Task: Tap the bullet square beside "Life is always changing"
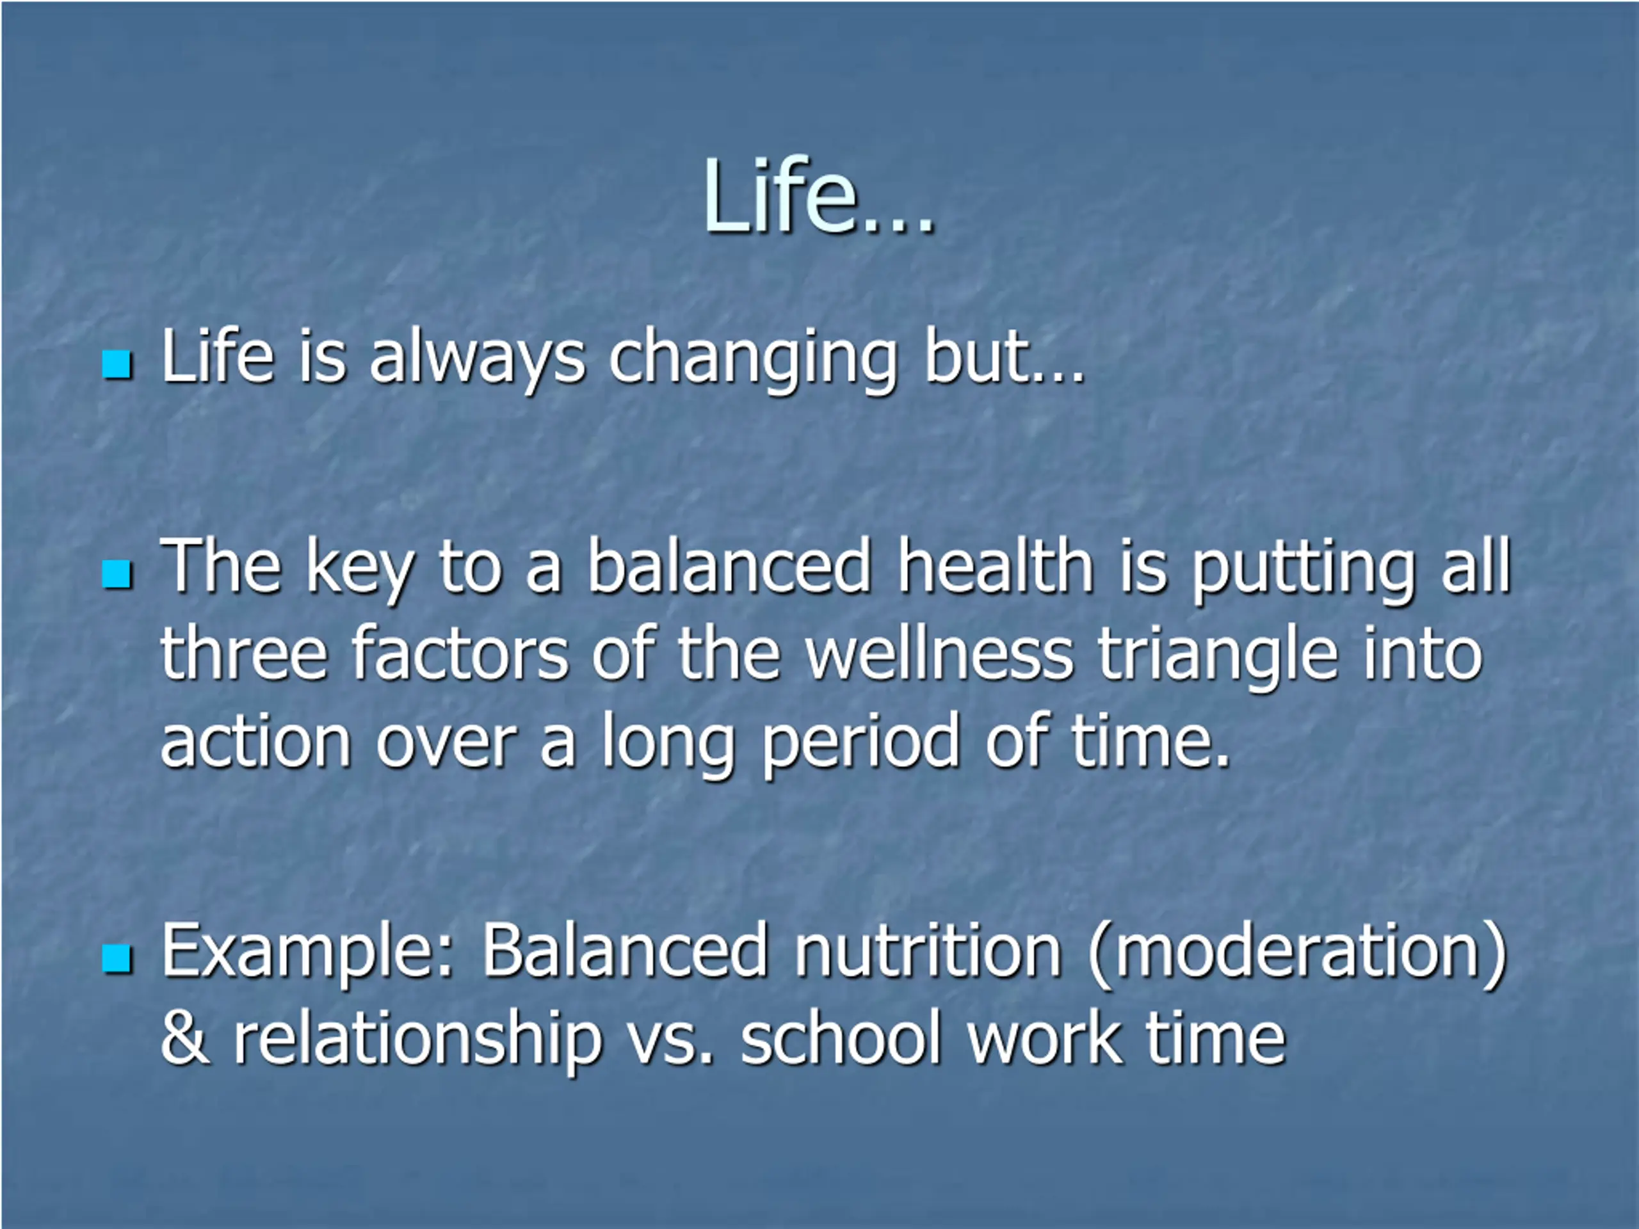(117, 364)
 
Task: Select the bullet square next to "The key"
(117, 574)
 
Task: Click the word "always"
(477, 360)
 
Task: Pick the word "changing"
(753, 360)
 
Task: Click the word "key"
(359, 570)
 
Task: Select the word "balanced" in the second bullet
(729, 566)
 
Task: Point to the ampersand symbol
(185, 1037)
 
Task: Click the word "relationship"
(417, 1041)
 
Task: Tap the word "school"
(841, 1037)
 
